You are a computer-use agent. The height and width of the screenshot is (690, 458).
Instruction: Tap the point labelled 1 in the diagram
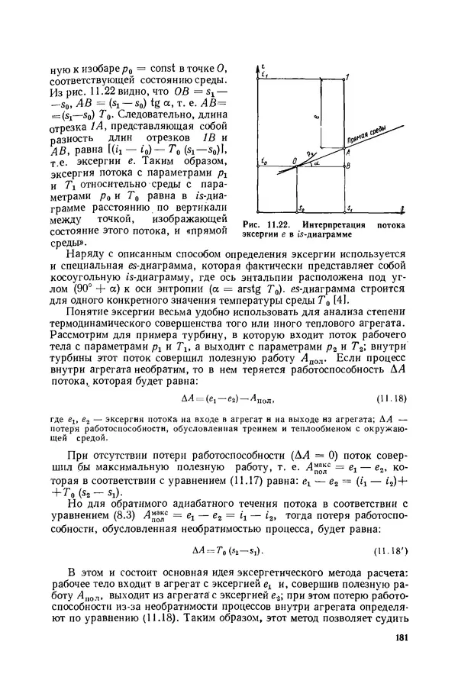pyautogui.click(x=348, y=78)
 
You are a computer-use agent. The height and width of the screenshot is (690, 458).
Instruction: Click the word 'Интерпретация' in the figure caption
pyautogui.click(x=329, y=226)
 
